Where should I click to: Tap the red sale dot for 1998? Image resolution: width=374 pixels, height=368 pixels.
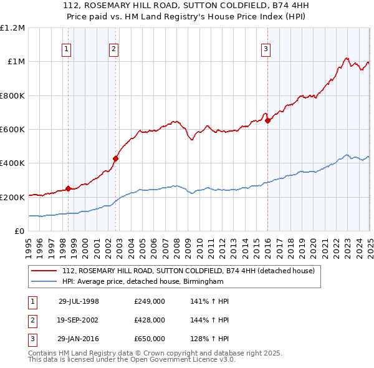tap(68, 188)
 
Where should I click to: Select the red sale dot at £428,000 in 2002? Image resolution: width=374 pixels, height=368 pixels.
tap(115, 158)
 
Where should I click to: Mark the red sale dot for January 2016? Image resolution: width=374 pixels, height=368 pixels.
tap(267, 121)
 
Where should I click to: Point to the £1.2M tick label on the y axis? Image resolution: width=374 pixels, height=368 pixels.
tap(13, 28)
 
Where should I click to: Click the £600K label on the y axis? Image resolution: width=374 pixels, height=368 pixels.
tap(12, 130)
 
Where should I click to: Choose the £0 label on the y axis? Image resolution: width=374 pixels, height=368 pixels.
tap(19, 231)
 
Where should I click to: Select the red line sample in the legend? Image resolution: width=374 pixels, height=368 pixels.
tap(44, 271)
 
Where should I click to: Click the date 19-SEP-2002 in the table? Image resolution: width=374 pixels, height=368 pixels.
tap(79, 320)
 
